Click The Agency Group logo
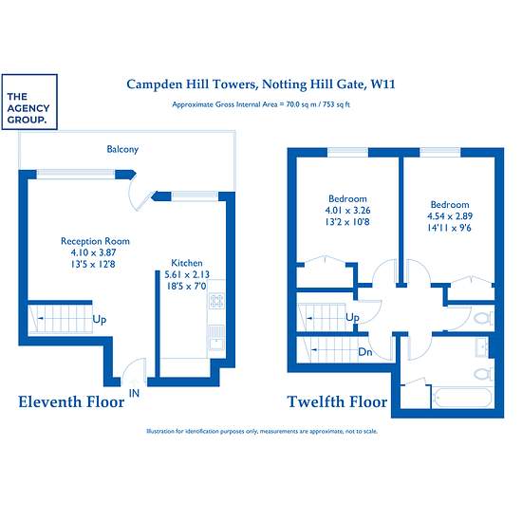29,102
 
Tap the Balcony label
122,149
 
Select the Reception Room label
95,241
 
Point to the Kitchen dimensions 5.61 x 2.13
187,274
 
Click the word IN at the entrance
134,393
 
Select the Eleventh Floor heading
71,401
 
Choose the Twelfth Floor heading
337,401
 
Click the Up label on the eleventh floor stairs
100,320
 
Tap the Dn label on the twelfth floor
364,351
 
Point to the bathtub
462,397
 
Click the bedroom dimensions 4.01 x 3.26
347,211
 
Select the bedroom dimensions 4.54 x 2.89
450,216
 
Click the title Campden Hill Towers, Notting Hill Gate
261,84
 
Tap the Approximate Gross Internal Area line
261,104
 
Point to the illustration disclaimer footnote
262,431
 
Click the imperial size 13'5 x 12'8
93,265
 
